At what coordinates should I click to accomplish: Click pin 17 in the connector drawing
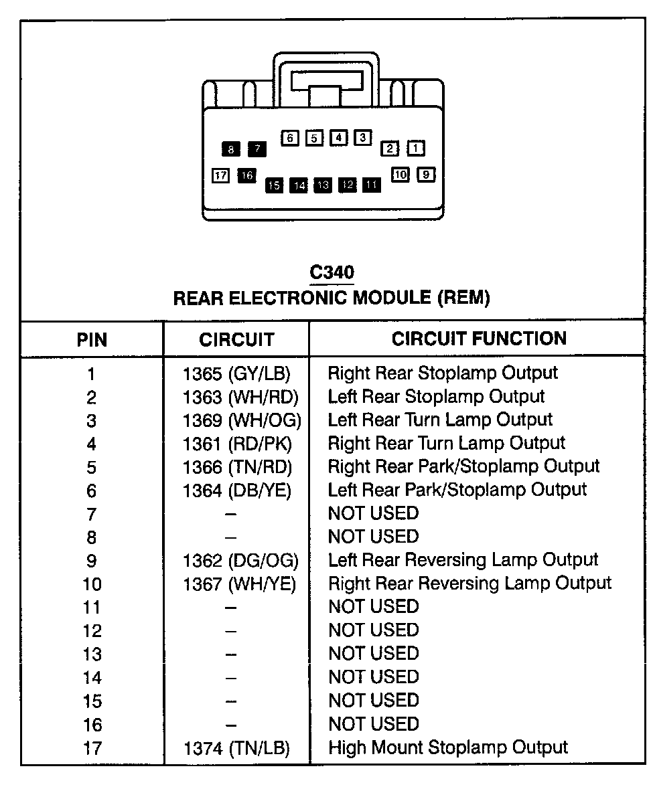click(x=221, y=175)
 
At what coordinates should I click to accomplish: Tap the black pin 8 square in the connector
click(x=231, y=149)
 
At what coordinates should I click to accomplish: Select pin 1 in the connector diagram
click(x=416, y=149)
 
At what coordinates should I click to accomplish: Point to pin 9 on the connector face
click(x=426, y=175)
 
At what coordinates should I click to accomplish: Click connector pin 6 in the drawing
click(x=290, y=138)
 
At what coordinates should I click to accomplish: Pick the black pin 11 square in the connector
click(x=372, y=184)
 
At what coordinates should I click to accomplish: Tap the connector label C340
click(x=332, y=272)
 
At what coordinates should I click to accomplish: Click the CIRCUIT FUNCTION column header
click(x=479, y=339)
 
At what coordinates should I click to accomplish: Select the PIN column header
click(x=92, y=340)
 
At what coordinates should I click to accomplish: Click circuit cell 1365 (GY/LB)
click(x=236, y=373)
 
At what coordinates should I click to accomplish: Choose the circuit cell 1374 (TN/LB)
click(x=236, y=749)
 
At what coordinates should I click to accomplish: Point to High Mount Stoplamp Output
click(x=448, y=747)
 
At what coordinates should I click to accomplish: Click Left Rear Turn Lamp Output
click(x=440, y=420)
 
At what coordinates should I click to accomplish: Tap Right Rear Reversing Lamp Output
click(x=469, y=583)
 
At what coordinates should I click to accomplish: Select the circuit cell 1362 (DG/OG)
click(x=240, y=560)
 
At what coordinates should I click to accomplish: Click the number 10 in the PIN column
click(x=92, y=584)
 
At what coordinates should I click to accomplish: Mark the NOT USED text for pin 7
click(x=373, y=513)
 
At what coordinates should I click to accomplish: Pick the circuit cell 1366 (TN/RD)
click(x=237, y=466)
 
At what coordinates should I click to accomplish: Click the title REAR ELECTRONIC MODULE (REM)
click(x=332, y=298)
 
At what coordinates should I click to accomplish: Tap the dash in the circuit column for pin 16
click(x=231, y=725)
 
